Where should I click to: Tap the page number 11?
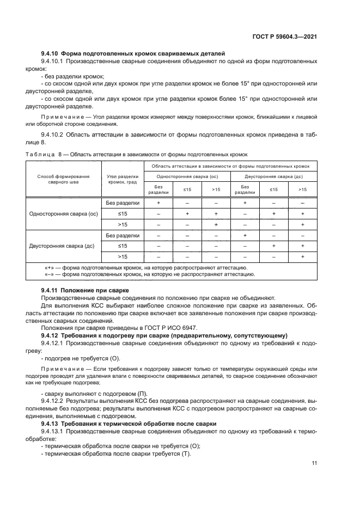pyautogui.click(x=314, y=463)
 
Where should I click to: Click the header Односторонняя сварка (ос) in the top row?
pyautogui.click(x=187, y=176)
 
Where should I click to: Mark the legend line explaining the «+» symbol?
pyautogui.click(x=145, y=268)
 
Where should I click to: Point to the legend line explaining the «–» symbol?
pyautogui.click(x=149, y=275)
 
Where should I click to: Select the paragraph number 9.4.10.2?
pyautogui.click(x=52, y=133)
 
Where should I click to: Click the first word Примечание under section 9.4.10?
pyautogui.click(x=59, y=117)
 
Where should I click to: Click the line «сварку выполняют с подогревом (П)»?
pyautogui.click(x=90, y=394)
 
